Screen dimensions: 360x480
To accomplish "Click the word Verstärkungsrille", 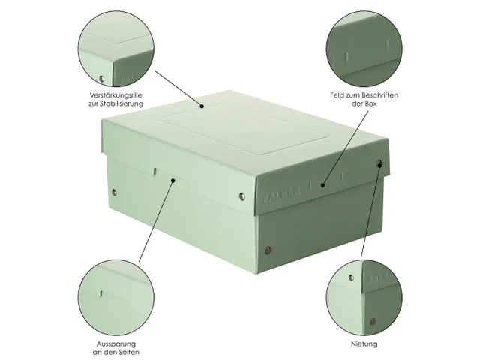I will [x=101, y=97].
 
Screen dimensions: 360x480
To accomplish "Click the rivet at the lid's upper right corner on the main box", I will [x=379, y=163].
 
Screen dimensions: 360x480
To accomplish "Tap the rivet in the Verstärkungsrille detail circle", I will [x=102, y=78].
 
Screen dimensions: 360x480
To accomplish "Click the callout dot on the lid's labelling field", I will [x=322, y=184].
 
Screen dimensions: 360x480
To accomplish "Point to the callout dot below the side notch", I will [x=173, y=180].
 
